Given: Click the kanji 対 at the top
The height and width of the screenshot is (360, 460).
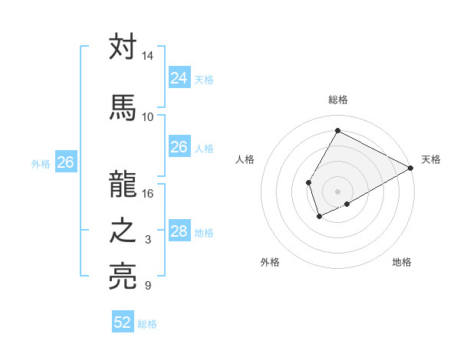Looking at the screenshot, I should [123, 47].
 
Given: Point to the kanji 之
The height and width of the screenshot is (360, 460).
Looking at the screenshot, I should [123, 232].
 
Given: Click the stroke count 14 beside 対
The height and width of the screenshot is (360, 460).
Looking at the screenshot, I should [148, 57].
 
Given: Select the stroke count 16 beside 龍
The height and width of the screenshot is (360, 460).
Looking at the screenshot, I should [148, 193].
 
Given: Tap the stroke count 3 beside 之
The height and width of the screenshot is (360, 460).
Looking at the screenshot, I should [148, 241].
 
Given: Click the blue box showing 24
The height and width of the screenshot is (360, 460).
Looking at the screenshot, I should [179, 77].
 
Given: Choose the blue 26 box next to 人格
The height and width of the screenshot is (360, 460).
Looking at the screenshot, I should [179, 147].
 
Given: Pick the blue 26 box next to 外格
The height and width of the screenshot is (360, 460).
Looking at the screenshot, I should [66, 162].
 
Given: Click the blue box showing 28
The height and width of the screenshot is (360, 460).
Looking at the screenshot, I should [179, 231].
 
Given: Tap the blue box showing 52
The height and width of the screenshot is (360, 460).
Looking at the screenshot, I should [123, 322].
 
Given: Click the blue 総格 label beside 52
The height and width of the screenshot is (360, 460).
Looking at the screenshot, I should [147, 324].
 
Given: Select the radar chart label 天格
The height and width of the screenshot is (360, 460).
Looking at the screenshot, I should [431, 159].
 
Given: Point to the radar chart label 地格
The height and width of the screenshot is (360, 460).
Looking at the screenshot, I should [402, 262].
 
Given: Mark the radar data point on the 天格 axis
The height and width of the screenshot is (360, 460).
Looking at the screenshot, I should [411, 168].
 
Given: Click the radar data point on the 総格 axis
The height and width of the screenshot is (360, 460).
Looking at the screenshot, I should [337, 130].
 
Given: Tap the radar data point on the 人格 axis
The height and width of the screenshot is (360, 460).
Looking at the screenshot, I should [308, 182].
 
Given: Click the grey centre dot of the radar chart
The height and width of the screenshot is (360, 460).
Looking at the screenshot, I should [337, 191].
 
